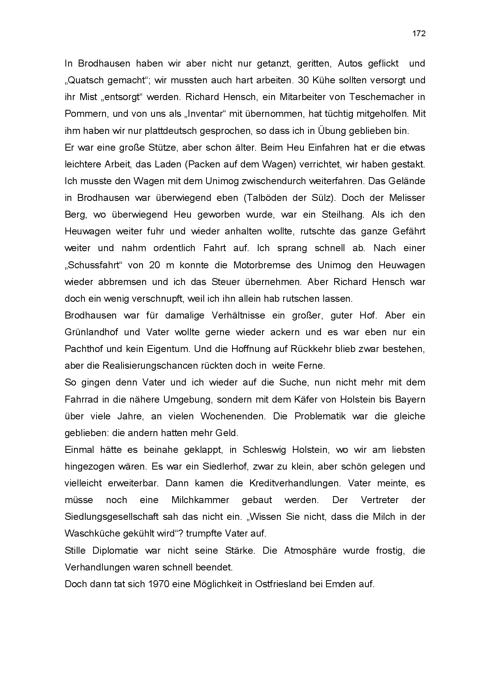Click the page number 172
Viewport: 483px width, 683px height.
pos(419,33)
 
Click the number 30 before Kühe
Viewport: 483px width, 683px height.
pos(303,80)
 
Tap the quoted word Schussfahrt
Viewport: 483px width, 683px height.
pos(94,265)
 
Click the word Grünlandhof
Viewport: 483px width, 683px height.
pos(91,332)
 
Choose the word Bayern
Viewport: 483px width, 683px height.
pos(409,400)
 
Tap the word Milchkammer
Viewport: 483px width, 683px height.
pos(200,500)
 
